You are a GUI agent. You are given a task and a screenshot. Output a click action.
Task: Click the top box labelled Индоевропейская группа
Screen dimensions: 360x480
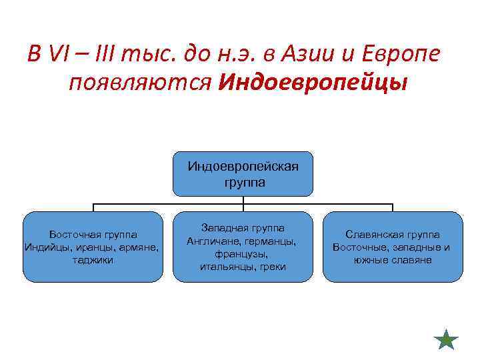(243, 173)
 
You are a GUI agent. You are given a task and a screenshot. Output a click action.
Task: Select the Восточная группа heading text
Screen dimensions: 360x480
(93, 235)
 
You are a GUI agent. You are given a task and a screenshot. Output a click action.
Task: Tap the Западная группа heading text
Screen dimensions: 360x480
(243, 228)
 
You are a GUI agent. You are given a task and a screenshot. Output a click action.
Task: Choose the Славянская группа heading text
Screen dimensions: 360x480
(392, 235)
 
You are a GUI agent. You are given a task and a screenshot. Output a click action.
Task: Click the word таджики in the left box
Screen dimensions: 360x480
(93, 260)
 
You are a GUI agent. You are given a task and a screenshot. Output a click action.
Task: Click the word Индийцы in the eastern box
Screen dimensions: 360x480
(43, 247)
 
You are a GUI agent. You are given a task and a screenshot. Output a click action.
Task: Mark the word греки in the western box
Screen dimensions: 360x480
(273, 267)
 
